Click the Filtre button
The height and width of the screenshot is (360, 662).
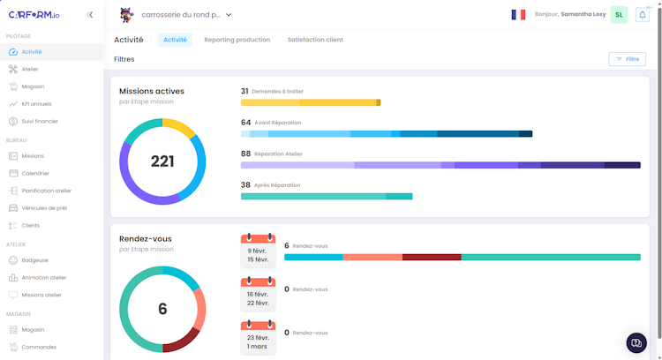[627, 59]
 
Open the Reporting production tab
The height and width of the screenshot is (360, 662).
[237, 40]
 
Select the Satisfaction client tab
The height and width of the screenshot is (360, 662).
[315, 40]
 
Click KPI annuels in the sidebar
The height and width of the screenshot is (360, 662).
[36, 104]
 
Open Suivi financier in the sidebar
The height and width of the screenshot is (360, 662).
[40, 121]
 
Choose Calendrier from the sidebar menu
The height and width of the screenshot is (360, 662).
[35, 173]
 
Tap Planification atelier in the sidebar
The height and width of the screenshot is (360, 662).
[46, 191]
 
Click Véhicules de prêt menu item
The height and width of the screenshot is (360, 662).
[44, 208]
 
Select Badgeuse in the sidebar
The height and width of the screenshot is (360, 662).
[34, 260]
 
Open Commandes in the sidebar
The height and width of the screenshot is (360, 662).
[39, 347]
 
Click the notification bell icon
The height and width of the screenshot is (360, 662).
[642, 15]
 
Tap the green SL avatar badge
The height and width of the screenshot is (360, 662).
[619, 15]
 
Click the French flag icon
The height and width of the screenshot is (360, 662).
[518, 15]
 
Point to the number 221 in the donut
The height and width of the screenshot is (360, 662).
[162, 161]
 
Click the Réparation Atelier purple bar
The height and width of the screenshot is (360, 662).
[440, 165]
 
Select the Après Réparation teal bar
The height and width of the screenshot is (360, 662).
[327, 196]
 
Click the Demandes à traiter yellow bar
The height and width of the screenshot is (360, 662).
[310, 102]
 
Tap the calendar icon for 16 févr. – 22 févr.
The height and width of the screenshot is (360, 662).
[258, 295]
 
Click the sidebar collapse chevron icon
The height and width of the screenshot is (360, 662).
[90, 15]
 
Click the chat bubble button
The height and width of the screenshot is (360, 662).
[636, 342]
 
